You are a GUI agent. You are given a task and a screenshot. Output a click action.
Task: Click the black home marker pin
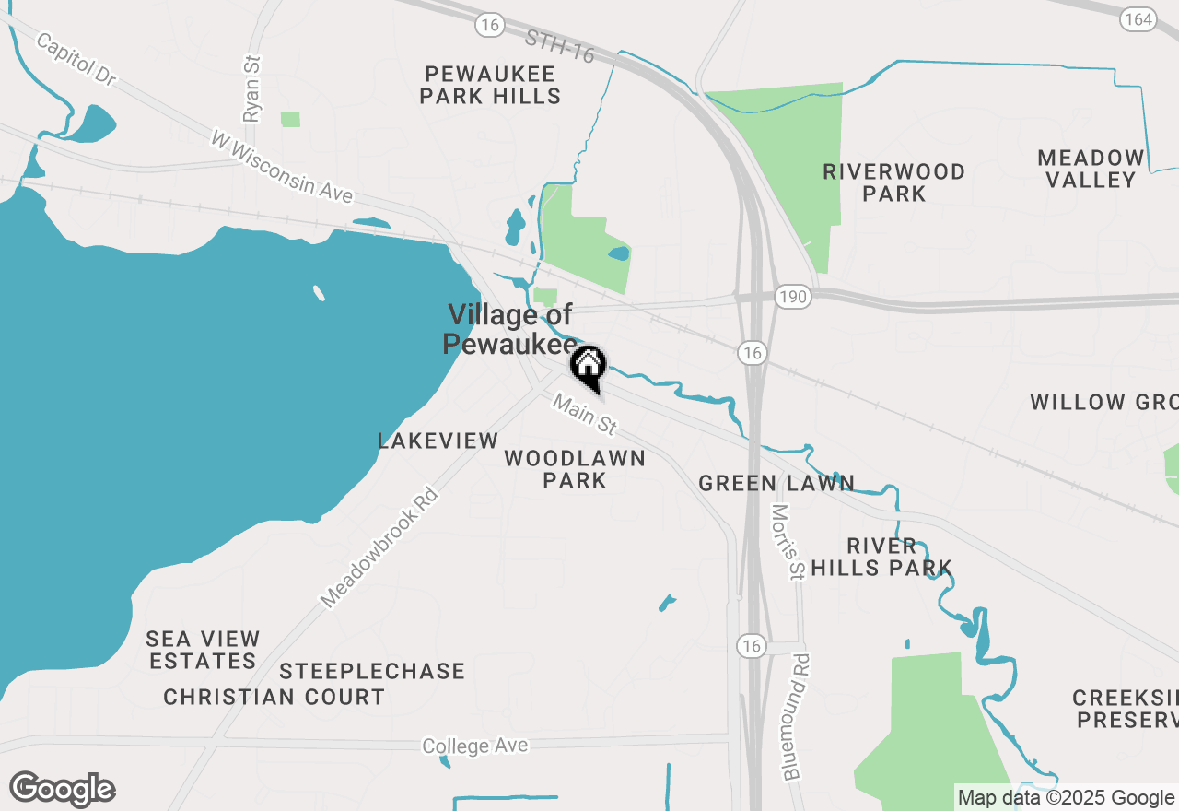(x=588, y=367)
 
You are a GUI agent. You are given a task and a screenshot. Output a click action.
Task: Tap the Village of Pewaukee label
(x=509, y=329)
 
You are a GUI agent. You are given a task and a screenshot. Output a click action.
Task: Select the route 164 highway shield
(x=1138, y=19)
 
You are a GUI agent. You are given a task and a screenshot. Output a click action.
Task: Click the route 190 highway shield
(x=793, y=295)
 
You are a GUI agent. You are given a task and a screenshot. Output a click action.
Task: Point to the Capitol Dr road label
(x=76, y=60)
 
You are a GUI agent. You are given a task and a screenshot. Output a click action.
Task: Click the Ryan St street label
(x=252, y=88)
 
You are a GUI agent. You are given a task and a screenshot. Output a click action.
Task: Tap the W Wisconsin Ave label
(x=282, y=167)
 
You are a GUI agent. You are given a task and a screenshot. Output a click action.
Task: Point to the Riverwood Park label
(x=893, y=182)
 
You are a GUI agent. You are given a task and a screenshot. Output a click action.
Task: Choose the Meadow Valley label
(x=1091, y=169)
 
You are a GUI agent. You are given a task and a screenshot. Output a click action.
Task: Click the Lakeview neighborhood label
(x=438, y=441)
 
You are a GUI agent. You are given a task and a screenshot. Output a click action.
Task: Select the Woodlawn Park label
(x=575, y=469)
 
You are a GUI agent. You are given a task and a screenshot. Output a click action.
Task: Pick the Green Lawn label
(x=776, y=483)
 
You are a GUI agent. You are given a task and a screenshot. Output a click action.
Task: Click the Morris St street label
(x=788, y=542)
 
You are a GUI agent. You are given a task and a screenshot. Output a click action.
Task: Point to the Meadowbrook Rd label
(x=379, y=548)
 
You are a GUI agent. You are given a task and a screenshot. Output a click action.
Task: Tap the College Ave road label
(x=475, y=745)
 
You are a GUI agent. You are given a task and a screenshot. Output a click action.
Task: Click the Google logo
(x=62, y=789)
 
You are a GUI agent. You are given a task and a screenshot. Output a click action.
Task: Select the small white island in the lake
(x=319, y=293)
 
